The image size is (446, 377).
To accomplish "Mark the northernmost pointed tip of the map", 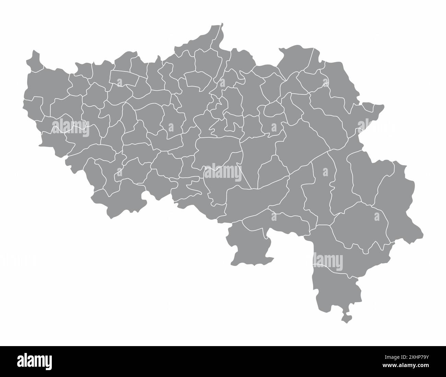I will coord(222,24).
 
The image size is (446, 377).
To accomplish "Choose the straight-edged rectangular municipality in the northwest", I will coord(124,78).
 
